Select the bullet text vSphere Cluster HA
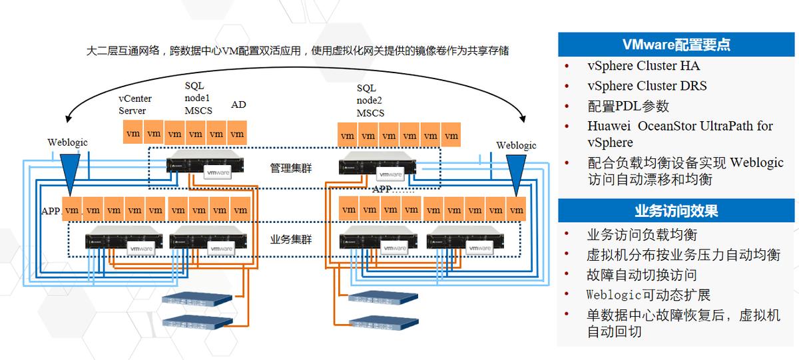pyautogui.click(x=643, y=66)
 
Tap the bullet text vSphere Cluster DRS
pyautogui.click(x=647, y=86)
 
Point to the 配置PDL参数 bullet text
pyautogui.click(x=628, y=106)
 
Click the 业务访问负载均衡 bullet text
pyautogui.click(x=642, y=235)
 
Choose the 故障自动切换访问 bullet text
pyautogui.click(x=642, y=275)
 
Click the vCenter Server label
pyautogui.click(x=135, y=104)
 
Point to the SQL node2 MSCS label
pyautogui.click(x=371, y=100)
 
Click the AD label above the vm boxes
pyautogui.click(x=238, y=104)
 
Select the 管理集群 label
pyautogui.click(x=290, y=168)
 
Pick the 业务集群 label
pyautogui.click(x=290, y=240)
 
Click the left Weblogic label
pyautogui.click(x=67, y=142)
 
